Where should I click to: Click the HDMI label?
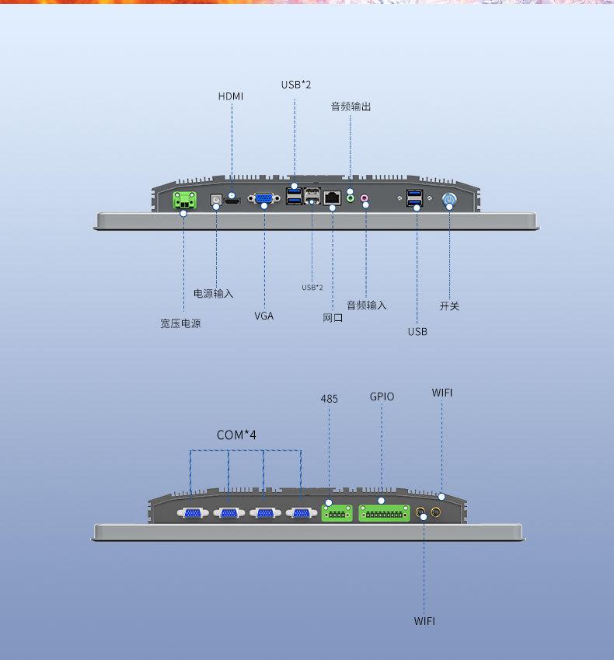pos(231,96)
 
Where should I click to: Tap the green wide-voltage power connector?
pos(184,200)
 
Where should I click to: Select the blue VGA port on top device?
pos(263,198)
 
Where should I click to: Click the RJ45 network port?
pos(332,197)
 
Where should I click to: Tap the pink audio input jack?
pos(365,197)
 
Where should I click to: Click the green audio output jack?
pos(351,197)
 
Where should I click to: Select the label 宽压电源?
pos(180,323)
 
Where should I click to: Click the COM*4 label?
pos(236,435)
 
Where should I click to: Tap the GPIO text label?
pos(382,396)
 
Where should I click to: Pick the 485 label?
pos(329,399)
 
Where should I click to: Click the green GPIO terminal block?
pos(384,514)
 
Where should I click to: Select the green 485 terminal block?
pos(337,514)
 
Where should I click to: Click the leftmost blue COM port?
pos(192,513)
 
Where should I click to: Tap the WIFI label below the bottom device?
pos(424,621)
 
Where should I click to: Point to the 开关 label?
pos(449,306)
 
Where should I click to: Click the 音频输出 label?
pos(351,107)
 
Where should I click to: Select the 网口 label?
pos(333,318)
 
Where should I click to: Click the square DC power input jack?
pos(216,200)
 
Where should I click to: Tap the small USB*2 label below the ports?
pos(312,288)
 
